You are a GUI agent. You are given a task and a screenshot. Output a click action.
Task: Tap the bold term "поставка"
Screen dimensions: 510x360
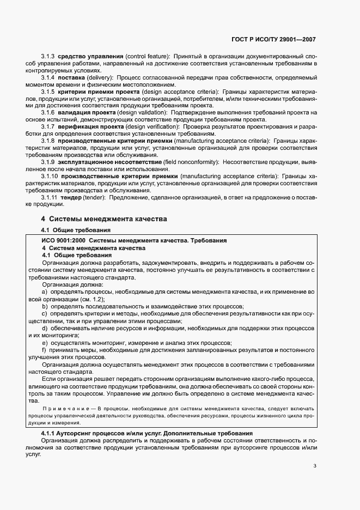[x=72, y=78]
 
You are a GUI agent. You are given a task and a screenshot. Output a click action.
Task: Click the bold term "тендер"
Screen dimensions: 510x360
[x=75, y=197]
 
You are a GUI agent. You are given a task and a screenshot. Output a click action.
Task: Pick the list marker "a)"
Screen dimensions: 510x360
[x=45, y=292]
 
